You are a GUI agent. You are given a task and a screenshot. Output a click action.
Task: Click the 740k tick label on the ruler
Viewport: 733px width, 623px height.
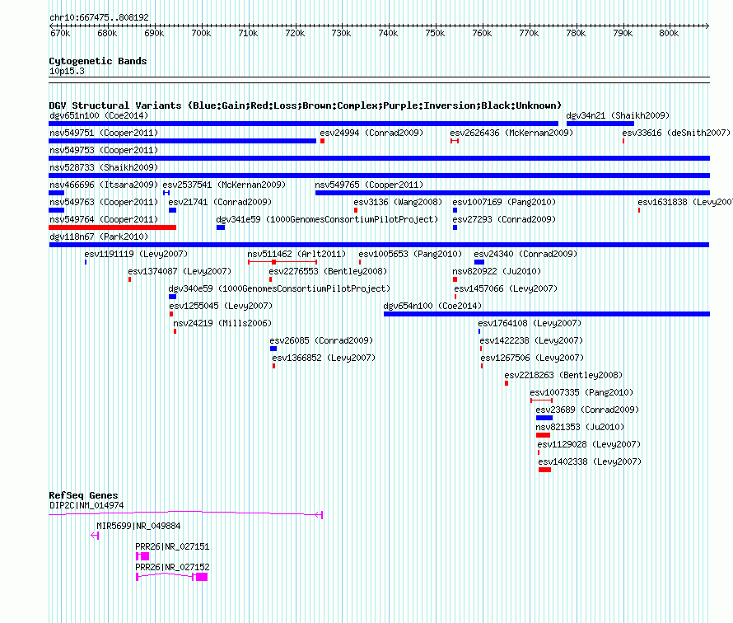tap(388, 33)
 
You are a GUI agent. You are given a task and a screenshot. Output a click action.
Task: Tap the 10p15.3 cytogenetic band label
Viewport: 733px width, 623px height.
tap(67, 71)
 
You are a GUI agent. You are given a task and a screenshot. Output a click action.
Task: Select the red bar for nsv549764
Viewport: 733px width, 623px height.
tap(113, 227)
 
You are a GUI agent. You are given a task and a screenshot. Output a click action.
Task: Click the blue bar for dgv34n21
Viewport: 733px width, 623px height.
tap(600, 124)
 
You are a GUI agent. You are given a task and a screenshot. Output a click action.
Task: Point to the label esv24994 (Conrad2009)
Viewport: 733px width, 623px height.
tap(371, 133)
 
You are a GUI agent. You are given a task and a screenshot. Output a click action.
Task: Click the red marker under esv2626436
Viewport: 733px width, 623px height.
tap(455, 141)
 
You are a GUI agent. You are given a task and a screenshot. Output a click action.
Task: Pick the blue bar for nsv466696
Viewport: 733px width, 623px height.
tap(57, 193)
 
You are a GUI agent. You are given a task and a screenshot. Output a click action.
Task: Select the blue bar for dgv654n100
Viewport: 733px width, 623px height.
tap(547, 314)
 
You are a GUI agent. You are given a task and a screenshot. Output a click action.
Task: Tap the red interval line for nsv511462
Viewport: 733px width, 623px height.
tap(282, 262)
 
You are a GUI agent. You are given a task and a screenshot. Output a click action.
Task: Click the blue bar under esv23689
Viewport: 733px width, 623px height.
tap(544, 418)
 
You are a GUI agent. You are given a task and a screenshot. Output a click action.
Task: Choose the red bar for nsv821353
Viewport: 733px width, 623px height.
tap(544, 435)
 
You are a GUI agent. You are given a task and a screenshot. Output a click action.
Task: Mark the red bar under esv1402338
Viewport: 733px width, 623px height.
tap(544, 470)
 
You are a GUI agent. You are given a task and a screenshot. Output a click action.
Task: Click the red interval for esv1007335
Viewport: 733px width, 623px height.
tap(541, 400)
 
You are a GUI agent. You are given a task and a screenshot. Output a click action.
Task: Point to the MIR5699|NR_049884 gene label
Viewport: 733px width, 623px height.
tap(138, 527)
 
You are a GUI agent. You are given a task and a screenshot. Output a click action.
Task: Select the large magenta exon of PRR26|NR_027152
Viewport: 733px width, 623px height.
tap(202, 577)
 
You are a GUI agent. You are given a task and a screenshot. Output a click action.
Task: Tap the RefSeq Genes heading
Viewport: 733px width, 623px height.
tap(84, 495)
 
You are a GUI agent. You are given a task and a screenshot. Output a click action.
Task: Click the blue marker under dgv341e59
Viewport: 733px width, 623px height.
tap(221, 227)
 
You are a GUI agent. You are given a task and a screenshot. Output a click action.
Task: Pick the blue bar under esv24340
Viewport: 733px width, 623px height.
tap(479, 262)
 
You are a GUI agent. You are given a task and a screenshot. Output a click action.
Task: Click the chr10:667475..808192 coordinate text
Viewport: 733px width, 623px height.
tap(99, 18)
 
